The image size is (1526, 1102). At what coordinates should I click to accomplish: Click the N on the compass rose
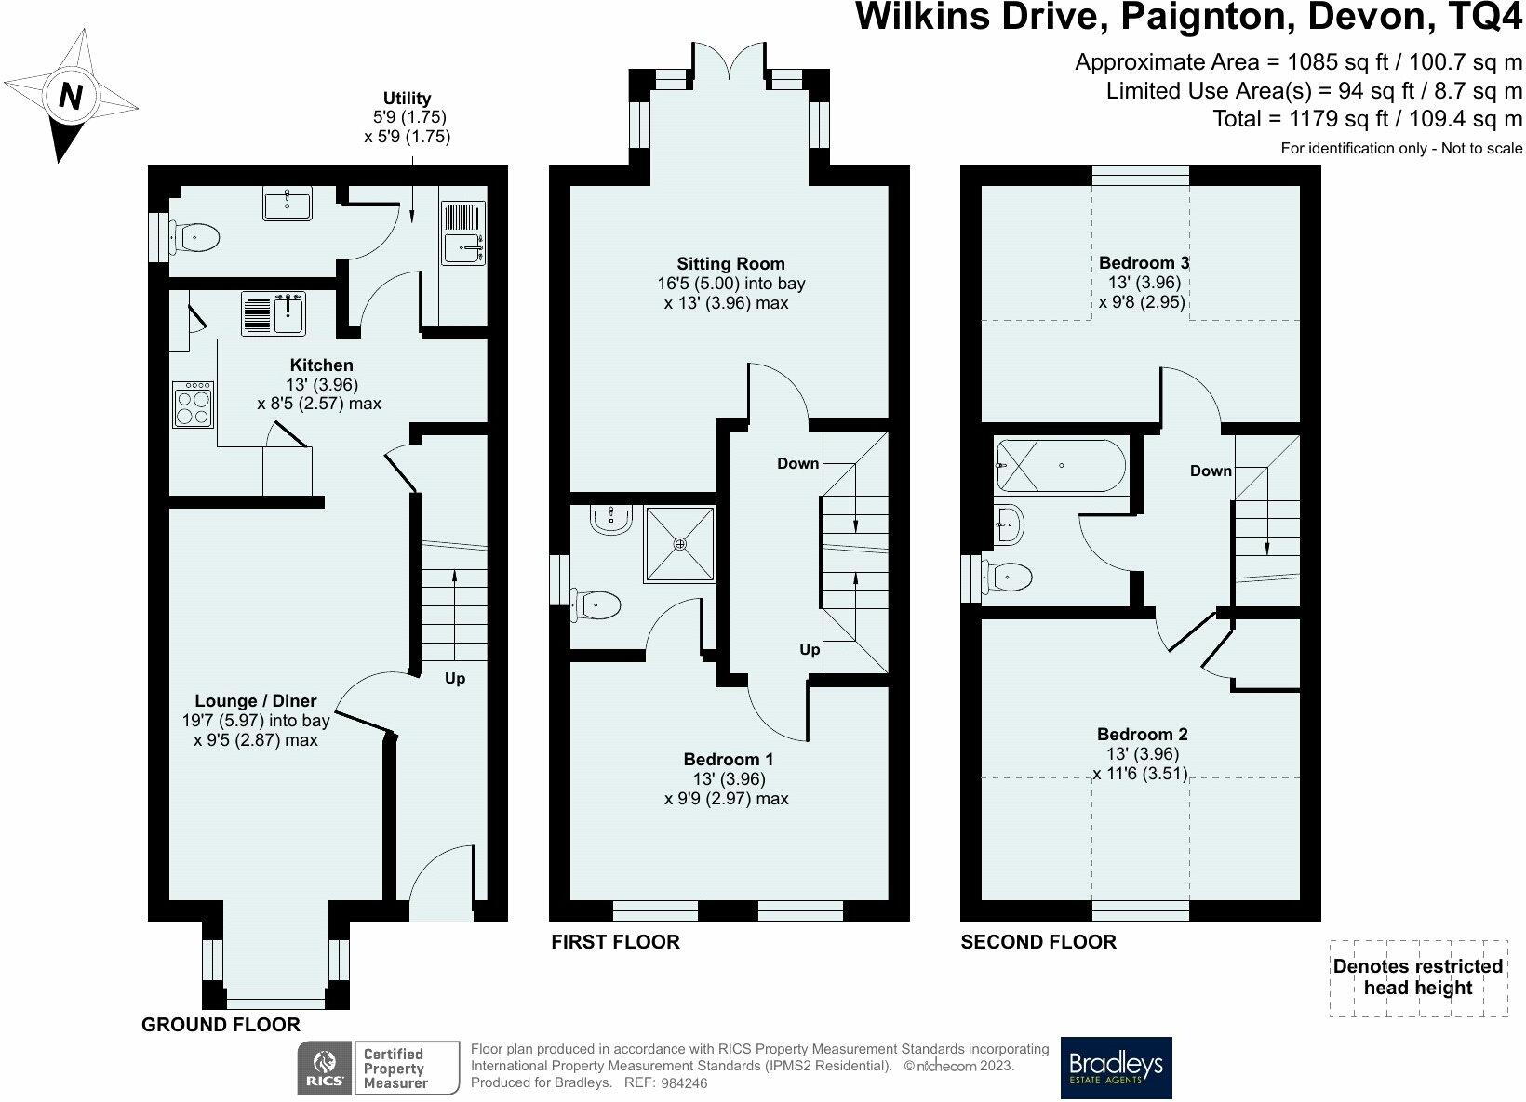tap(70, 96)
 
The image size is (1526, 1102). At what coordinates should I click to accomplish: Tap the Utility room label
tap(407, 98)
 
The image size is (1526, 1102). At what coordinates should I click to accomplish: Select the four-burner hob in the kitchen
tap(193, 405)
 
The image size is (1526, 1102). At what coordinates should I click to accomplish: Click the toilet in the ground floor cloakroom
tap(194, 238)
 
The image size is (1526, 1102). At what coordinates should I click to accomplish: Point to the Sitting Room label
tap(730, 263)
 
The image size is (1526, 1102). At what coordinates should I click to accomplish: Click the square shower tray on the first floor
tap(680, 544)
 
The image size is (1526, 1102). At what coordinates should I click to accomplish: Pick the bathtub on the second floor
tap(1061, 466)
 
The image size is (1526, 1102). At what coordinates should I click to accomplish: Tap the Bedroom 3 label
tap(1144, 263)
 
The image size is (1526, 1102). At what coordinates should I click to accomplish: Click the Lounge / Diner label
tap(256, 700)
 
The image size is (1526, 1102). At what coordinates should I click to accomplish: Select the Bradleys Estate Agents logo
tap(1116, 1068)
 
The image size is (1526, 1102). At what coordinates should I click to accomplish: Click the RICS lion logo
tap(325, 1069)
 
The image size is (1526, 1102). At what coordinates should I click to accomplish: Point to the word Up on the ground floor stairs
tap(455, 679)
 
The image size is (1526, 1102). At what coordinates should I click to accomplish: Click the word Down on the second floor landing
tap(1211, 471)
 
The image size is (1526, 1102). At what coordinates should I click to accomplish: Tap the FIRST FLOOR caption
tap(615, 942)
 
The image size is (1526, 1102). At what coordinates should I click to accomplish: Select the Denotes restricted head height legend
tap(1418, 977)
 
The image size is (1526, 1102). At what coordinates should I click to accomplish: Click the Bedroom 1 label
tap(728, 759)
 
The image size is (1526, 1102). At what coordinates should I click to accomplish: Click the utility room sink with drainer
tap(463, 232)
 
